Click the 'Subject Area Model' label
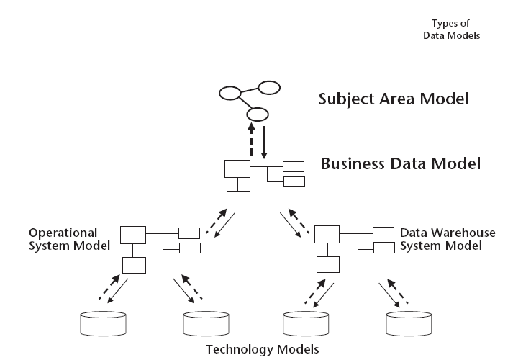[393, 98]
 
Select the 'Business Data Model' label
[400, 163]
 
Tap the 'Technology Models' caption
[262, 350]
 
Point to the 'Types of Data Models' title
[451, 29]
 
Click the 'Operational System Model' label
[69, 239]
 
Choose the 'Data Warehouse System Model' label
[447, 239]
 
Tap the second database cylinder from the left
[205, 323]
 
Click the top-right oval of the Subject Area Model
[269, 89]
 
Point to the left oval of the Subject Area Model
[230, 94]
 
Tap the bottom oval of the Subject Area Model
[257, 114]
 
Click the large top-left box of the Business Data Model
[237, 169]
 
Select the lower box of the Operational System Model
[134, 265]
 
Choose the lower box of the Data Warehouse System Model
[329, 264]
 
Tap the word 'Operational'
[63, 233]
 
